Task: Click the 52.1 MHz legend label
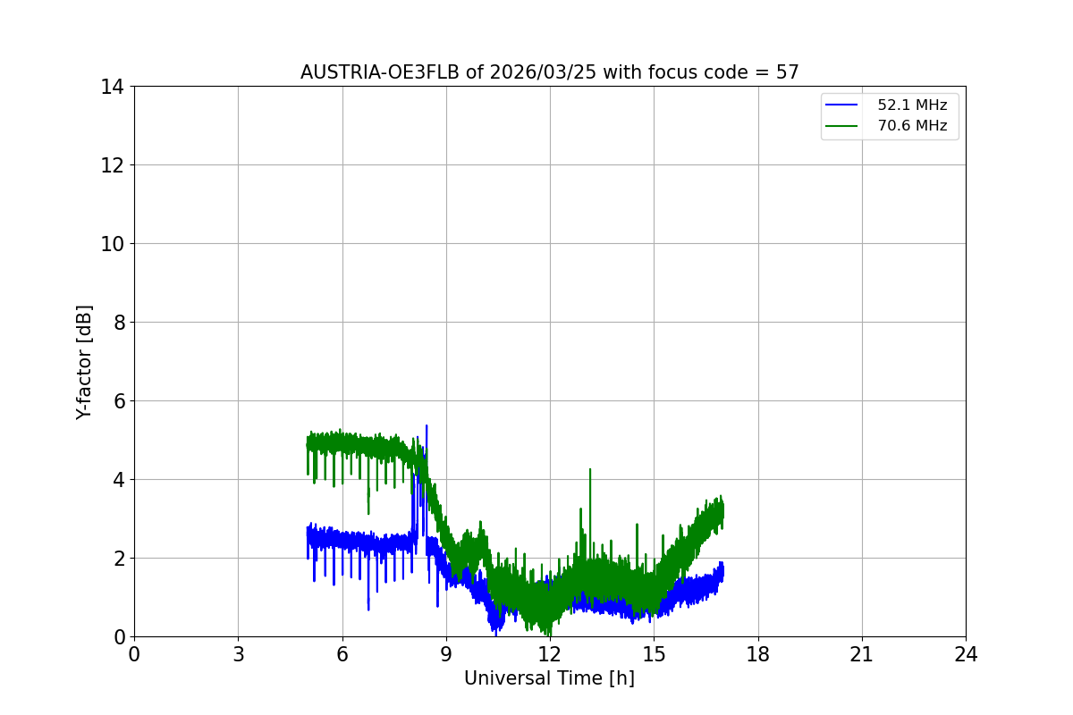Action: click(x=912, y=105)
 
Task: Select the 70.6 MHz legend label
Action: click(x=912, y=126)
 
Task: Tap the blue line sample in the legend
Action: click(x=841, y=105)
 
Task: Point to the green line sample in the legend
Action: click(x=841, y=126)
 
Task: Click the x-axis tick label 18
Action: click(x=758, y=654)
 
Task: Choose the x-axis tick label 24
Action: click(x=966, y=654)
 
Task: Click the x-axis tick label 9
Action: click(x=446, y=654)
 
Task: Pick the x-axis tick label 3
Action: click(x=238, y=654)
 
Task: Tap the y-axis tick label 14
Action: click(x=112, y=87)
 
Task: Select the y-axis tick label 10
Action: click(x=112, y=244)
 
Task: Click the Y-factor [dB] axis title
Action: click(x=84, y=362)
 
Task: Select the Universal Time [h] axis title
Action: click(x=549, y=679)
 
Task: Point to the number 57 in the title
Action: click(x=787, y=72)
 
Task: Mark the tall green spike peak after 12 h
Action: click(x=590, y=469)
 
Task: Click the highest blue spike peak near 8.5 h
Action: click(x=427, y=426)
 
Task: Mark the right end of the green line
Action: click(x=722, y=509)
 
